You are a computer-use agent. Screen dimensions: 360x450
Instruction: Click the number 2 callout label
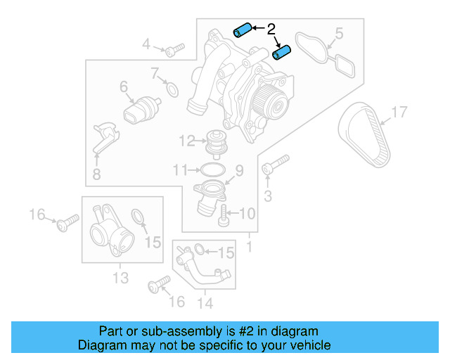tap(271, 30)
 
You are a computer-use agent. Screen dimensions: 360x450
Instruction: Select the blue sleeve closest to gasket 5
tap(283, 53)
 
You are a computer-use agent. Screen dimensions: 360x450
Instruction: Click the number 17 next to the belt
tap(399, 112)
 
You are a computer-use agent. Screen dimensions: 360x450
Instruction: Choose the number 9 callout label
tap(238, 170)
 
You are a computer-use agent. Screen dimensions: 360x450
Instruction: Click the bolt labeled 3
tap(274, 167)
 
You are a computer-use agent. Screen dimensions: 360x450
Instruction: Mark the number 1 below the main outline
tap(248, 248)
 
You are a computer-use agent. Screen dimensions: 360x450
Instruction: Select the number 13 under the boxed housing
tap(120, 278)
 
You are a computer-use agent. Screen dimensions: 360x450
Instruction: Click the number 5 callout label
tap(338, 33)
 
